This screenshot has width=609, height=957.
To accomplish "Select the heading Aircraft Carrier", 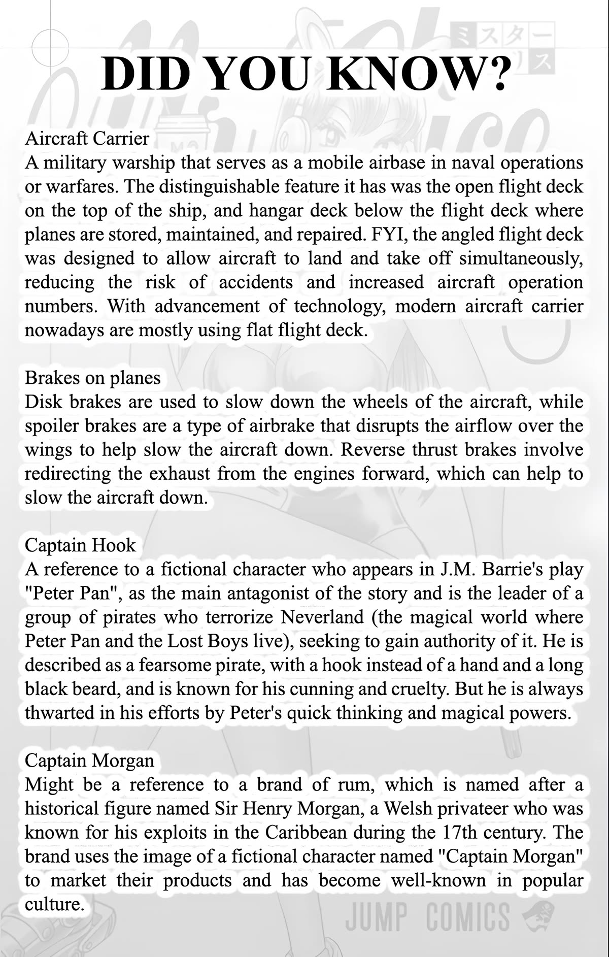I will tap(87, 138).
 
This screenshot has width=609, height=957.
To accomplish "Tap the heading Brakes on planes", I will tap(92, 378).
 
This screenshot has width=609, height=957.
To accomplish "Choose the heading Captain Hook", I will tap(80, 545).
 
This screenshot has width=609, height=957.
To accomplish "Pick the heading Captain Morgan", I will tap(89, 761).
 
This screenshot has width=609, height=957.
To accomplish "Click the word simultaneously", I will tap(521, 258).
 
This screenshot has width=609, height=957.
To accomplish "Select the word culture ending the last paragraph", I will tap(53, 904).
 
